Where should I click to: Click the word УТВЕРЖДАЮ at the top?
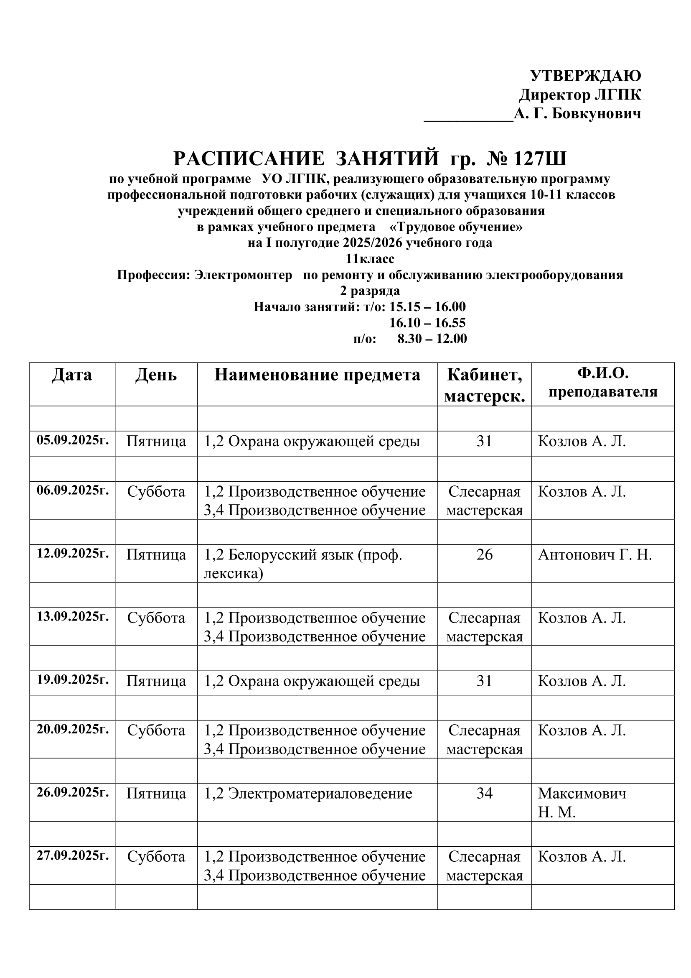(585, 76)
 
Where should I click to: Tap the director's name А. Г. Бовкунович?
(577, 114)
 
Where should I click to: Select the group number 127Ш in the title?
(540, 159)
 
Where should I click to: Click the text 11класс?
(370, 259)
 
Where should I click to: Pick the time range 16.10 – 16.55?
(428, 322)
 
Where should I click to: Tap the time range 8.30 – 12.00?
(432, 339)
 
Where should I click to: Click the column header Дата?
(72, 375)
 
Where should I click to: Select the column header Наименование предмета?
(317, 375)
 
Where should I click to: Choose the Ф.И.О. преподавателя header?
(602, 383)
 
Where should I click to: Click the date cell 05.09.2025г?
(73, 440)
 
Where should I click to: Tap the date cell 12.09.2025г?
(73, 554)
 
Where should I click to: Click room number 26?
(484, 554)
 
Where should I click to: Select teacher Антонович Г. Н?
(594, 555)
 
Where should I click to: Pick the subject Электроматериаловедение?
(307, 794)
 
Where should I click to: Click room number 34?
(484, 794)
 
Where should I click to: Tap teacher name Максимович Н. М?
(581, 803)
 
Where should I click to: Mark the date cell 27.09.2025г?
(73, 856)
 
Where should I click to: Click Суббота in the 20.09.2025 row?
(156, 730)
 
